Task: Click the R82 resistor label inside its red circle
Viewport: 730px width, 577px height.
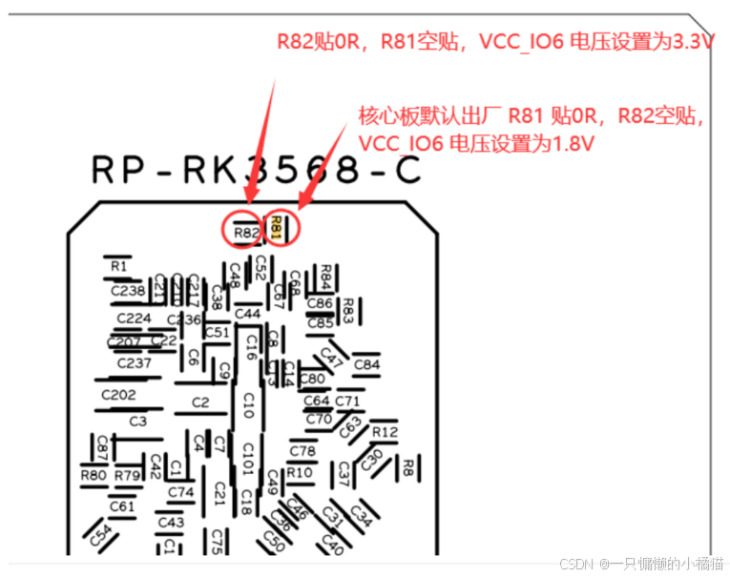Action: [x=246, y=232]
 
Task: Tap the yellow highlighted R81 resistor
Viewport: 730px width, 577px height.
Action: [x=276, y=228]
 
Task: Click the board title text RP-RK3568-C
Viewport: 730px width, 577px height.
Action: [x=256, y=170]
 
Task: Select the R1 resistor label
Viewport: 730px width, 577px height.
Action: [x=118, y=266]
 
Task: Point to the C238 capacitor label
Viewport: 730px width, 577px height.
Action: [x=127, y=290]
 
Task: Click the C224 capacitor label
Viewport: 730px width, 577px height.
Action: [x=135, y=319]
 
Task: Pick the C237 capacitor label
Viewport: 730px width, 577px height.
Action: [x=135, y=363]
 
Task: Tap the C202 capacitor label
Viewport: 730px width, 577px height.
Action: [x=118, y=395]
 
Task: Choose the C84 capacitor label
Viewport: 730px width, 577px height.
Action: [x=366, y=364]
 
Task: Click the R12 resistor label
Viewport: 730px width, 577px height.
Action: [x=385, y=432]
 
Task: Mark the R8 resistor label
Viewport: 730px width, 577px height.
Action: [x=407, y=466]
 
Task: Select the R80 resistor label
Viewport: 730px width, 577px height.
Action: [x=94, y=475]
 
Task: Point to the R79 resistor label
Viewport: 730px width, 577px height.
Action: [x=127, y=475]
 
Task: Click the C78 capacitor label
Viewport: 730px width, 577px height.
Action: [x=302, y=451]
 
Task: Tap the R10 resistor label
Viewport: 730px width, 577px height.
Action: [x=299, y=472]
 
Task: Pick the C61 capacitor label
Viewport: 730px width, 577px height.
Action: [x=121, y=506]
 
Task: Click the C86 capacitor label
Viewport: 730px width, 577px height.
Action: [x=321, y=304]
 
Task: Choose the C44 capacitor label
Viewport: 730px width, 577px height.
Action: [x=247, y=314]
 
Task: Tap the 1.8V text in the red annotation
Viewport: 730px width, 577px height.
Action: [x=571, y=143]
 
